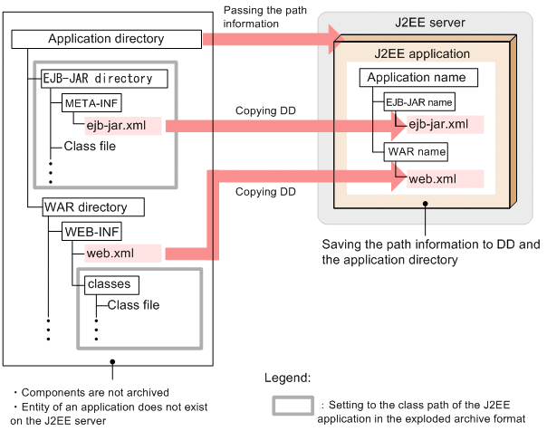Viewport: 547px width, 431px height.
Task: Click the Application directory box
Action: (106, 39)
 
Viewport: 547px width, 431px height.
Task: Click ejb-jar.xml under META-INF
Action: (118, 125)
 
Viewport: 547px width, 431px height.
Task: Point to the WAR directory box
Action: (85, 206)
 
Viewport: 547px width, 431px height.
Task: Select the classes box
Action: (110, 284)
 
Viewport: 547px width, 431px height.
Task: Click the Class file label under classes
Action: (133, 305)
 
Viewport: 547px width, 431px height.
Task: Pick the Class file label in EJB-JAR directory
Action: (90, 146)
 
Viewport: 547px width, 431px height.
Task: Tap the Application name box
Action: (417, 77)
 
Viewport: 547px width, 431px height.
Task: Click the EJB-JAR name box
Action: (419, 102)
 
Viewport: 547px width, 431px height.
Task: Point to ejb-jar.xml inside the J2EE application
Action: (438, 124)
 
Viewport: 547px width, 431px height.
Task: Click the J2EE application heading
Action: (422, 53)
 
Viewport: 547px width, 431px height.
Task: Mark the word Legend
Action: (287, 377)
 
